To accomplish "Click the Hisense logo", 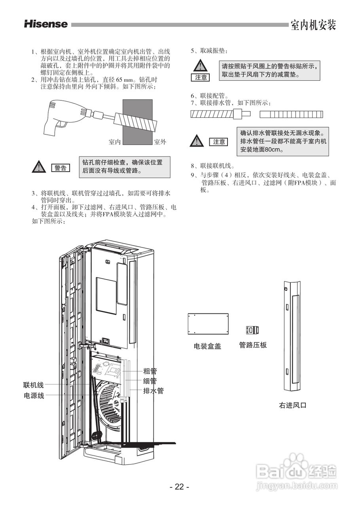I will click(x=45, y=24).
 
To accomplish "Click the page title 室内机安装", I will click(x=313, y=25).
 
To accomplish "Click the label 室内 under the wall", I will click(x=115, y=142).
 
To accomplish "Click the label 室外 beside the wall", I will click(x=160, y=142).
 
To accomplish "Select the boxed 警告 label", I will click(x=61, y=168).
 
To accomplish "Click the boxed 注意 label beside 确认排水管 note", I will click(x=219, y=142).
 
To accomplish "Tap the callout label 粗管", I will click(x=150, y=371).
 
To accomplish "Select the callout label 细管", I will click(x=150, y=381).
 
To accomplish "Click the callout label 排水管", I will click(x=153, y=391).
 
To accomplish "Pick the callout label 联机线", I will click(x=34, y=385).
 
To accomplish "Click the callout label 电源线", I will click(x=34, y=395).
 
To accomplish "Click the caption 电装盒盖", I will click(x=207, y=346).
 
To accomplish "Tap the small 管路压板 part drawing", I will click(x=252, y=330).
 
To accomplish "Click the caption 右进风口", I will click(x=293, y=405).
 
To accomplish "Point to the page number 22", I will click(x=180, y=487).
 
